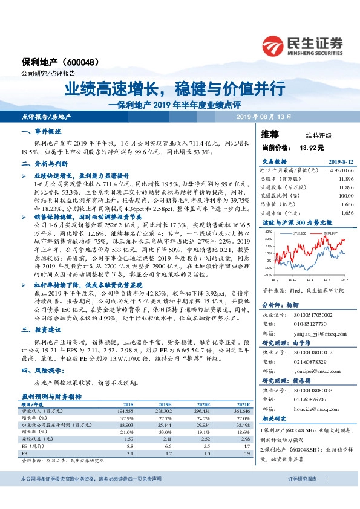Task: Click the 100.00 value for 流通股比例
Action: coord(345,196)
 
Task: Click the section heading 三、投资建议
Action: coord(41,331)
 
